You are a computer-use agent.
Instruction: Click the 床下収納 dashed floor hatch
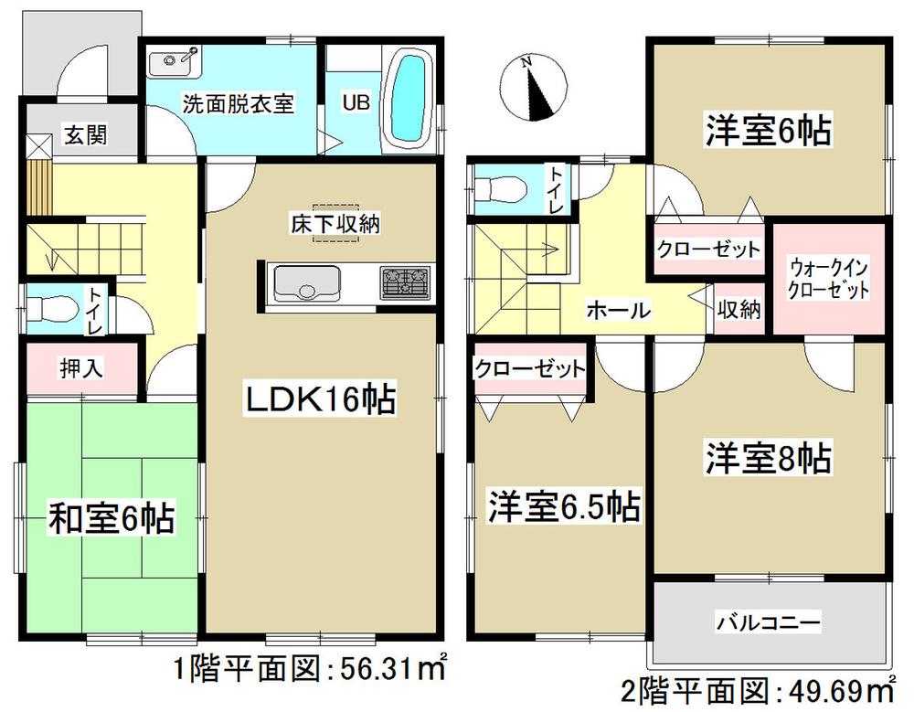click(x=336, y=223)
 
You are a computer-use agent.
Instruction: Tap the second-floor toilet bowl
click(x=501, y=190)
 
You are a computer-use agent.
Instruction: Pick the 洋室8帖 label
click(x=768, y=456)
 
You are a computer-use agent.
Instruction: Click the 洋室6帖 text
click(x=768, y=131)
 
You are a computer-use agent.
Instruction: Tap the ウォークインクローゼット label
click(x=829, y=281)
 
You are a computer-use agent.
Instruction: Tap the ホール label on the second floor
click(x=618, y=310)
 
